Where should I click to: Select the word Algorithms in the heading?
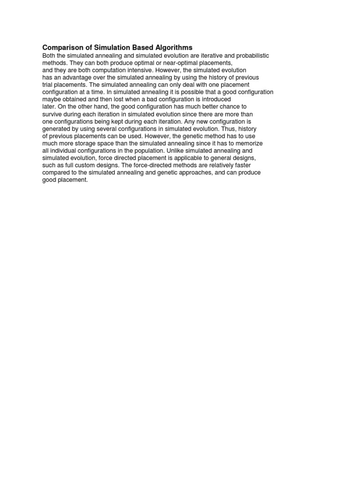[173, 48]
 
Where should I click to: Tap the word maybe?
[51, 99]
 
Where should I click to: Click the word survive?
[52, 114]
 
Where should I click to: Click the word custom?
[78, 165]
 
